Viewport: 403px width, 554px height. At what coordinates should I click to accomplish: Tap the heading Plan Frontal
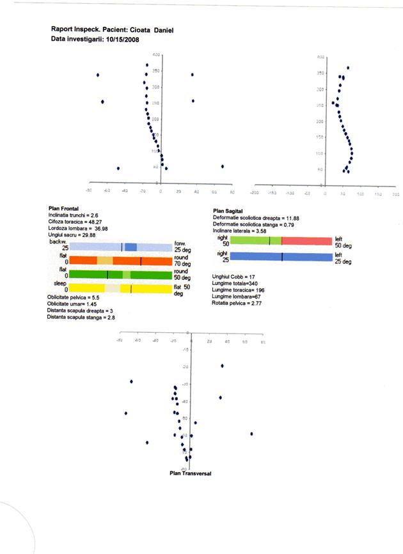[x=63, y=209]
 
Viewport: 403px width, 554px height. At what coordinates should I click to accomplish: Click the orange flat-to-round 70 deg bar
[x=120, y=261]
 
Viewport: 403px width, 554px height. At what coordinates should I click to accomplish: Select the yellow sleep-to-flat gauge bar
[x=120, y=289]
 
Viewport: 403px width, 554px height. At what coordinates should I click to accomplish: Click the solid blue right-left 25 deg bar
[x=281, y=257]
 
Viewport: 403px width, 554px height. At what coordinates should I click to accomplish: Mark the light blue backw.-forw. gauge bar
[x=120, y=247]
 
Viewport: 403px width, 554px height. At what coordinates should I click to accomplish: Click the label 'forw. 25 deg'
[x=183, y=247]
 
